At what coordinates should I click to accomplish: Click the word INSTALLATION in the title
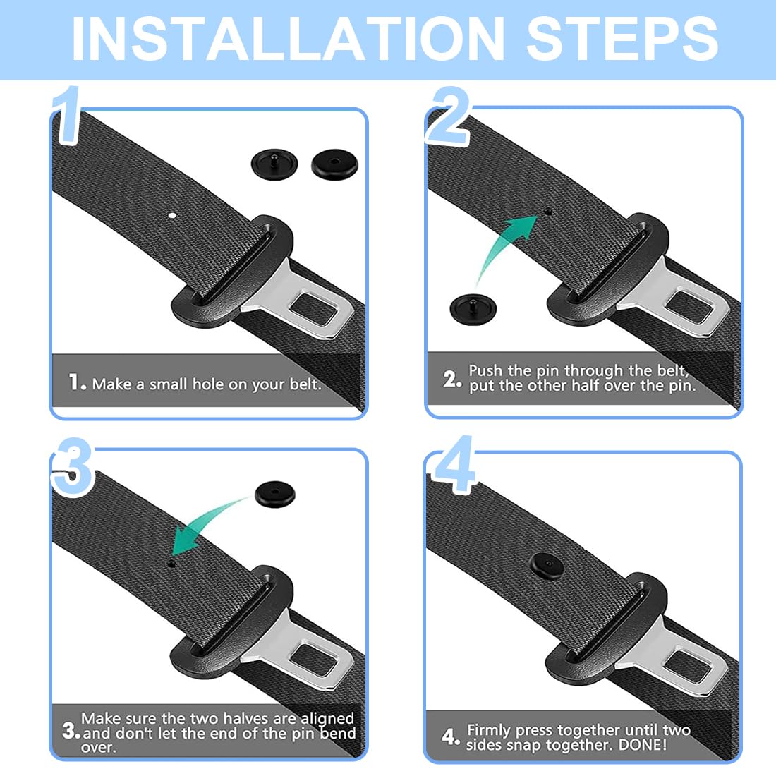tap(288, 39)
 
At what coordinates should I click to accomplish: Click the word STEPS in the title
tap(622, 39)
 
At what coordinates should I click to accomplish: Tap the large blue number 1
tap(67, 115)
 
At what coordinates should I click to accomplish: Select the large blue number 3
tap(73, 467)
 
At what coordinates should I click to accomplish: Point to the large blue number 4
tap(454, 464)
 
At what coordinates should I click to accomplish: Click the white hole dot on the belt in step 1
tap(172, 215)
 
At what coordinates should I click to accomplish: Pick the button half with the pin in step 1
tap(274, 164)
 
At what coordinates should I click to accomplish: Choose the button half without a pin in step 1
tap(334, 164)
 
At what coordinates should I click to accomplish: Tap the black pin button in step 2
tap(473, 309)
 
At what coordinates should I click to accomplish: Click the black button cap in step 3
tap(275, 494)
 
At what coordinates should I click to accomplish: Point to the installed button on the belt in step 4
tap(546, 565)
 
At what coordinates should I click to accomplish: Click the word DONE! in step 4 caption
tap(643, 744)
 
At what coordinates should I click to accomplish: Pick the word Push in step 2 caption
tap(485, 370)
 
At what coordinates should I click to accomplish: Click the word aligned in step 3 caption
tap(327, 719)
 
